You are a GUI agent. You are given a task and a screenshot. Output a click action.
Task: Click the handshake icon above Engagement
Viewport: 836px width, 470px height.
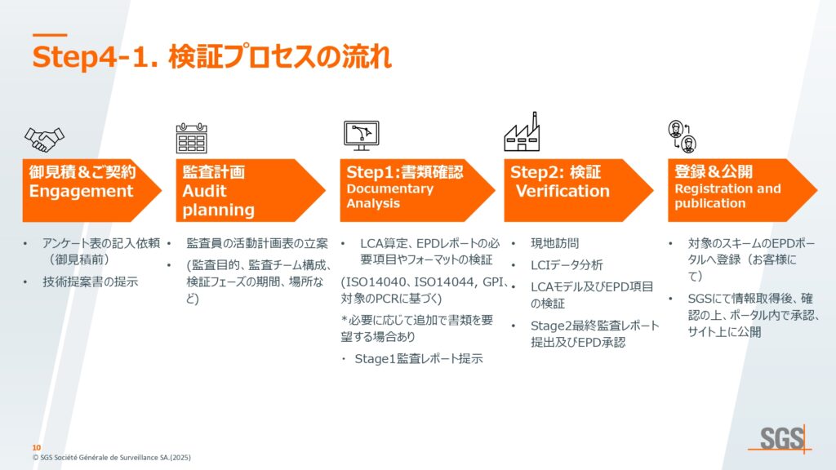pos(44,139)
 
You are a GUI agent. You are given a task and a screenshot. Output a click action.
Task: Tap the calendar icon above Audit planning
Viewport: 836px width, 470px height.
pos(191,138)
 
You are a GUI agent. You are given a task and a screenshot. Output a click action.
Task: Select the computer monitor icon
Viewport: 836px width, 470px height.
pos(362,135)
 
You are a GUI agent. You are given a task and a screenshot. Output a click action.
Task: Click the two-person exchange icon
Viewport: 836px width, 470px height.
pos(683,136)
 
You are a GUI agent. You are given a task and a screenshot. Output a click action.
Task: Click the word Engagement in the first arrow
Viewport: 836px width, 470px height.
pos(81,191)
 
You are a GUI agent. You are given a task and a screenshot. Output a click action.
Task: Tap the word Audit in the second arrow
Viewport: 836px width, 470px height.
pos(204,191)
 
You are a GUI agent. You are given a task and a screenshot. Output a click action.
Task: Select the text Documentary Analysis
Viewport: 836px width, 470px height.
pos(389,196)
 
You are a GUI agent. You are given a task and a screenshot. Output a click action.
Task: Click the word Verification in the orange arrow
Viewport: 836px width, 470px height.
pos(563,191)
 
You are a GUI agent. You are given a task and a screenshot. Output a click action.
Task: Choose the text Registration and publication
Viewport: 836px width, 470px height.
pos(727,196)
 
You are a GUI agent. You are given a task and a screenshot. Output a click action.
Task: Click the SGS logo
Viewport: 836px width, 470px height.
pos(781,439)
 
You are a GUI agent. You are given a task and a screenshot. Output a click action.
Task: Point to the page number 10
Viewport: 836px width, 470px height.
pos(36,448)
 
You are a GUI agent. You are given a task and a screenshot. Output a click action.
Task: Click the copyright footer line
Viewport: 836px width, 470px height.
pos(111,457)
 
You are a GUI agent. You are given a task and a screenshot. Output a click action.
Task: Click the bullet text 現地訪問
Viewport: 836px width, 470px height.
pos(554,243)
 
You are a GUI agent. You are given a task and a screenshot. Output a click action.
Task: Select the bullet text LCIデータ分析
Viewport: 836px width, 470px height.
pos(567,265)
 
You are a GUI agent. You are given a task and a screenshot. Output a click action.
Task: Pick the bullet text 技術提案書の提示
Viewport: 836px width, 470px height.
pos(90,282)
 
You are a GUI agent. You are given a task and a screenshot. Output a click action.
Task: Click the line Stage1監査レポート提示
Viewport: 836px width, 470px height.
pos(419,359)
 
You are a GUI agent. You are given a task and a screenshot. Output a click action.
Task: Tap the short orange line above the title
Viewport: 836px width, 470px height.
pos(50,35)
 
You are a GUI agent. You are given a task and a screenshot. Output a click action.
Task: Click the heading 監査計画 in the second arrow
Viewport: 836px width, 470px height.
pos(213,171)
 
